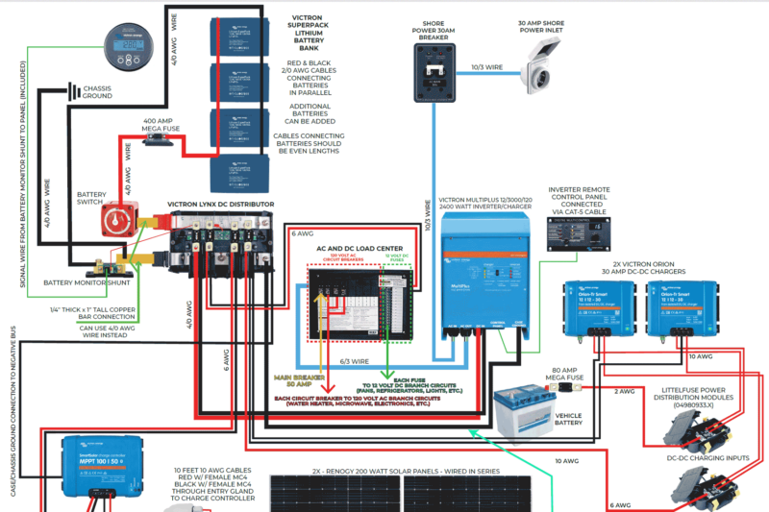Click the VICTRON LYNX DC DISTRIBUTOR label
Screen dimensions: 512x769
pyautogui.click(x=220, y=205)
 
